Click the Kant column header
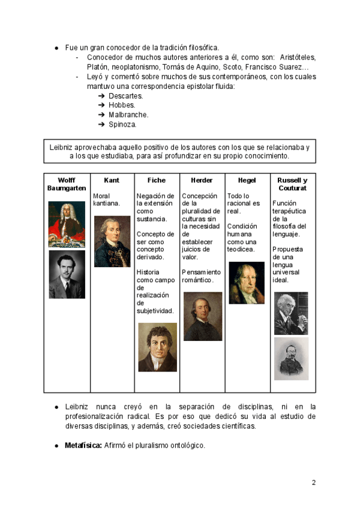(112, 180)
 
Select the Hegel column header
(247, 180)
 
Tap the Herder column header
(202, 180)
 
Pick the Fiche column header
(157, 180)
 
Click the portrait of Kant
(112, 241)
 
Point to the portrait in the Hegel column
(247, 282)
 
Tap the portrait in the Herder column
(202, 316)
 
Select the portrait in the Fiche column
(157, 347)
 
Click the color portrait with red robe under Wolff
(67, 224)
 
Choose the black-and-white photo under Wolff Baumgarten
(67, 274)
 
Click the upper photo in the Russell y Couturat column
(291, 313)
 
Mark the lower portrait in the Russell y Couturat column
(291, 358)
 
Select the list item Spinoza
(122, 125)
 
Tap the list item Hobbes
(122, 106)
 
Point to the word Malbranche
(128, 115)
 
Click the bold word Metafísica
(83, 445)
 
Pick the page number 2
(313, 483)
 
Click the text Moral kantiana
(107, 199)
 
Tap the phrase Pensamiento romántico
(201, 276)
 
